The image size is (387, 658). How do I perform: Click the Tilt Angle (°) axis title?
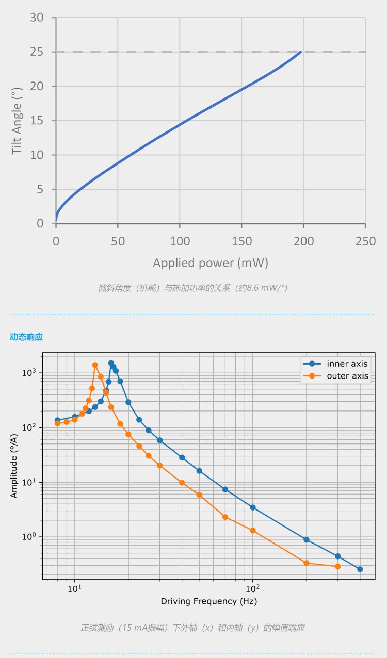tap(17, 121)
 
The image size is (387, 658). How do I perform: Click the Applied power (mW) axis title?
tap(211, 263)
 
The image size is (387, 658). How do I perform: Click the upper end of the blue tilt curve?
tap(300, 52)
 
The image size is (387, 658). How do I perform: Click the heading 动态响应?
tap(26, 337)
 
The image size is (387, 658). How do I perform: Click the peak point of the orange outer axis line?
tap(95, 365)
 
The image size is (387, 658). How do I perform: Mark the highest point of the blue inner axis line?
tap(111, 363)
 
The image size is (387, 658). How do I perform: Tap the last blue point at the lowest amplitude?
tap(360, 569)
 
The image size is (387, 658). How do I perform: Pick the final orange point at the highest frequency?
tap(337, 566)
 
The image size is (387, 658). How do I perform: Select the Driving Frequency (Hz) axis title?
tap(208, 601)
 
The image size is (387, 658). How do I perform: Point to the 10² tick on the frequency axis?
tap(252, 588)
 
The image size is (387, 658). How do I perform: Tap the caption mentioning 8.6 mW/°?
tap(192, 288)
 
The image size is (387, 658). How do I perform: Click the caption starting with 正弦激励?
tap(192, 628)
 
